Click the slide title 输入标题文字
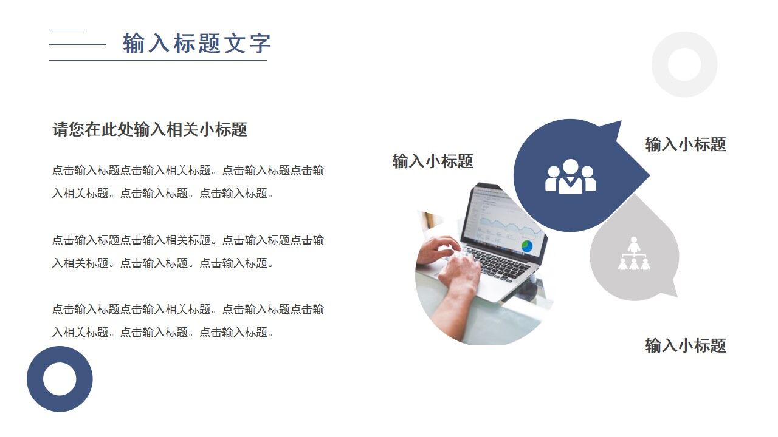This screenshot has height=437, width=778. click(196, 44)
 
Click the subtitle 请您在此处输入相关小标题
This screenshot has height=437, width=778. click(150, 129)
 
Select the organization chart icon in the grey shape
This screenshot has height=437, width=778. click(634, 254)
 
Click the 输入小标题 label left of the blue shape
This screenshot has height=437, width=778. click(433, 161)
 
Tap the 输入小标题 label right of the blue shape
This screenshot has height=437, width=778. click(686, 144)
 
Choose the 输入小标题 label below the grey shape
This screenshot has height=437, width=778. click(686, 346)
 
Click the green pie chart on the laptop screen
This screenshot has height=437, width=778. click(526, 246)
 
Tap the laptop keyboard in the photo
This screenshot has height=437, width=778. click(498, 261)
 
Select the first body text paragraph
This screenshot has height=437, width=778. click(188, 182)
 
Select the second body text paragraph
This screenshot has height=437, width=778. click(188, 251)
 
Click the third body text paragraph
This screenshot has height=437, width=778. click(188, 320)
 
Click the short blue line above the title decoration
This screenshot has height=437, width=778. click(66, 30)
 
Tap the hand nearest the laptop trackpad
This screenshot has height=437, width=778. click(458, 273)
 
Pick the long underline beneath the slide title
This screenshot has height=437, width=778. click(158, 60)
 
